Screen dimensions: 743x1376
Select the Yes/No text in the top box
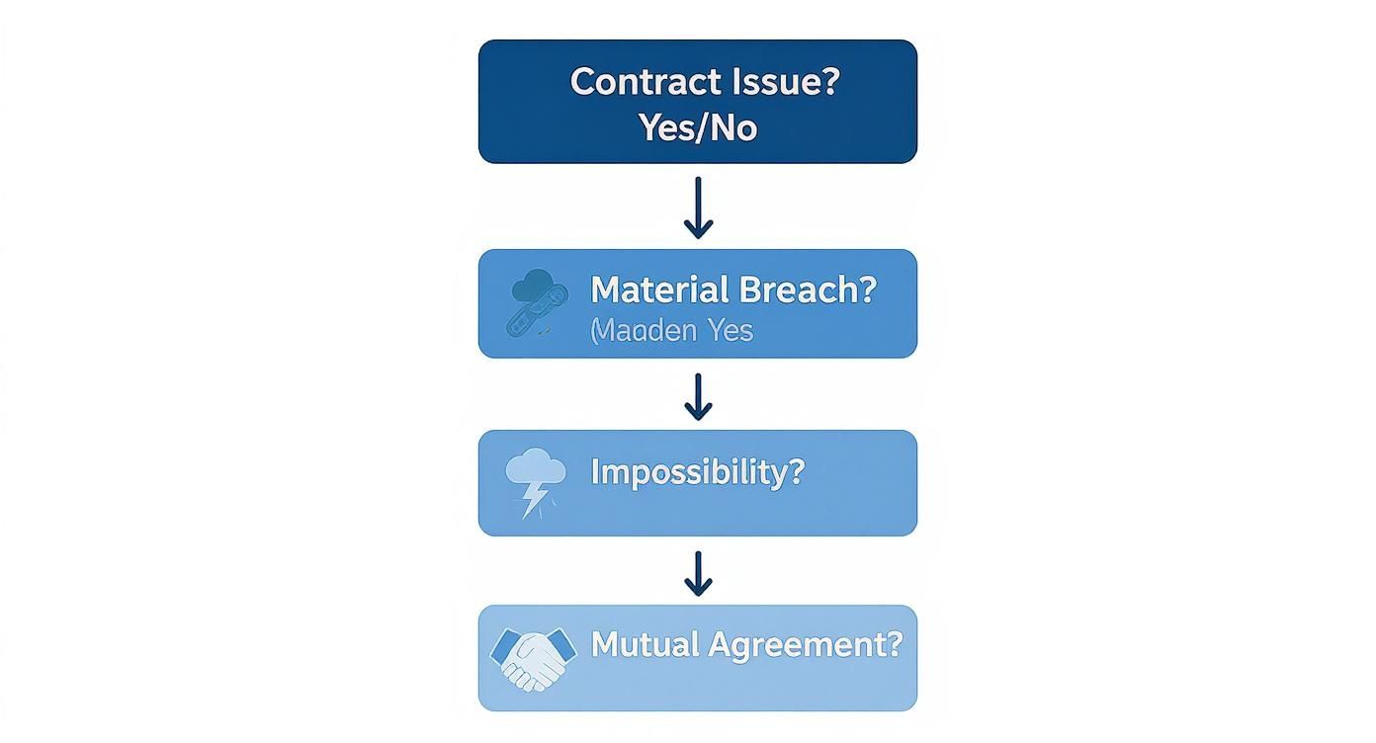pyautogui.click(x=698, y=127)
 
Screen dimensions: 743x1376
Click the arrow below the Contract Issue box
pyautogui.click(x=698, y=207)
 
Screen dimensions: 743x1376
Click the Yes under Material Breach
pyautogui.click(x=730, y=331)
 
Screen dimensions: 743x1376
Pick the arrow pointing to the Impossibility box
pyautogui.click(x=698, y=396)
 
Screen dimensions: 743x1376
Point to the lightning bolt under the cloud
pyautogui.click(x=535, y=499)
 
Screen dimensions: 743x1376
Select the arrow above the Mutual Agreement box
pyautogui.click(x=698, y=573)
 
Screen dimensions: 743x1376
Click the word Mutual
pyautogui.click(x=642, y=645)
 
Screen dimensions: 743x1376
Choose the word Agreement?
pyautogui.click(x=802, y=645)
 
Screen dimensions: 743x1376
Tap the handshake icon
pyautogui.click(x=534, y=657)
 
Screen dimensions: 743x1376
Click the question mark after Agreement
pyautogui.click(x=894, y=645)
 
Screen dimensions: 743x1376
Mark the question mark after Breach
pyautogui.click(x=867, y=289)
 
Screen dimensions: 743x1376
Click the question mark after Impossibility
pyautogui.click(x=797, y=471)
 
